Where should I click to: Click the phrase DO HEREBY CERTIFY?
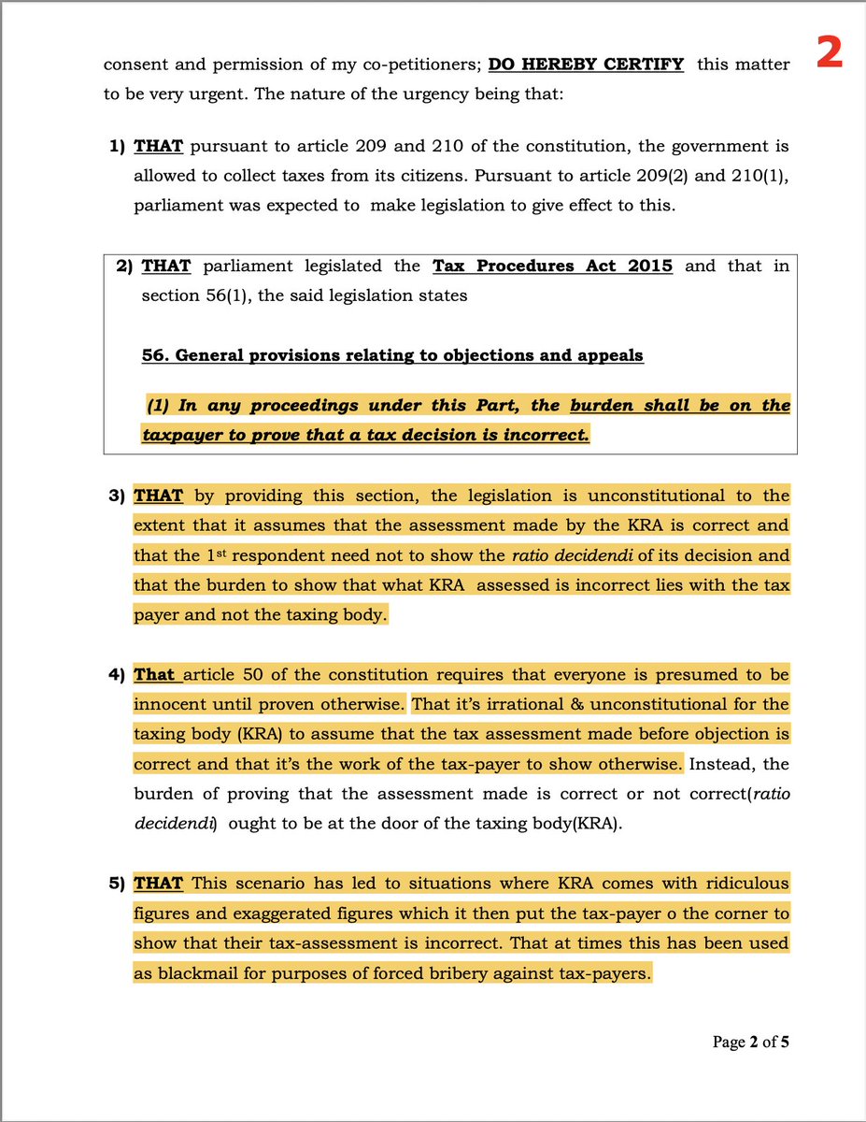[586, 65]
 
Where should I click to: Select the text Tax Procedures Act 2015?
[552, 266]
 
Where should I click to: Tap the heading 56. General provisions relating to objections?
[392, 355]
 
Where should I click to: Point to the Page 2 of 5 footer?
[752, 1042]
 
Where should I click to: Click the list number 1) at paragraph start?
[119, 147]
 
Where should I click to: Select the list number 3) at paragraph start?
[119, 496]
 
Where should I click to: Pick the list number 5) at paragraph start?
[119, 884]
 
